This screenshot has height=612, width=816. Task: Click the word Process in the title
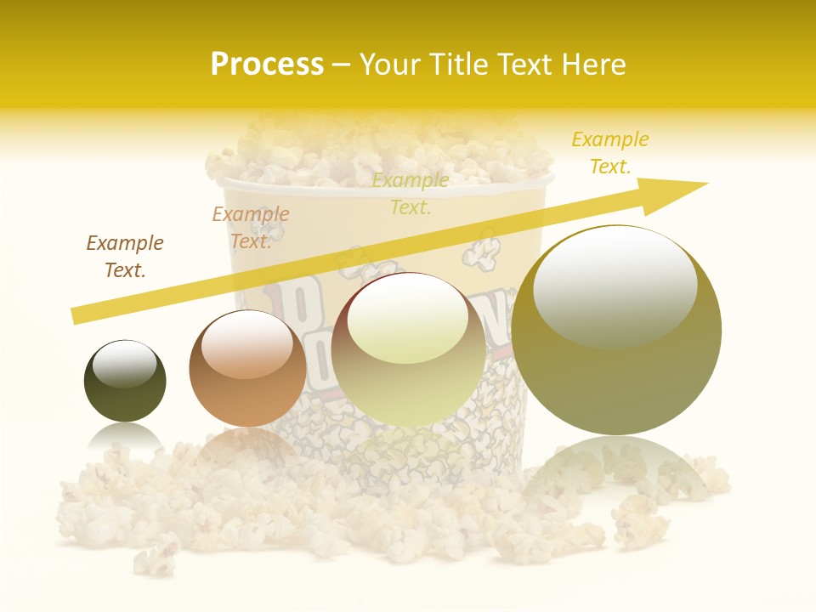(267, 65)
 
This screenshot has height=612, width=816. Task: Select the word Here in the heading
(593, 65)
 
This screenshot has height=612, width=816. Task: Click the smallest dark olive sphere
(125, 382)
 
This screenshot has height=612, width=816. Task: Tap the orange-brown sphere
(247, 369)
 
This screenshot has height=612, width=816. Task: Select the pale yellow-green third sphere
(409, 350)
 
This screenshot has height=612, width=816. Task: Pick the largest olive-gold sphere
(616, 331)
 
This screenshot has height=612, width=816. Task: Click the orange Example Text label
(251, 228)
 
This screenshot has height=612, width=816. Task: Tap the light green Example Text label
(411, 194)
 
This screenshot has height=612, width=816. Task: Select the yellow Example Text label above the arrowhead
(610, 153)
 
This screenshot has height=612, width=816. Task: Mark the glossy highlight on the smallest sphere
(124, 364)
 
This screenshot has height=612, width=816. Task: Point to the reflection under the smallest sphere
(125, 435)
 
